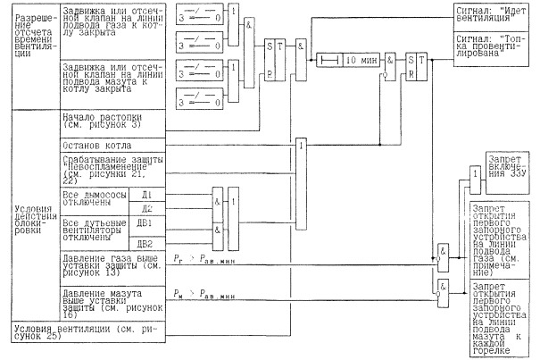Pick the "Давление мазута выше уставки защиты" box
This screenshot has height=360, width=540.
point(112,303)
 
